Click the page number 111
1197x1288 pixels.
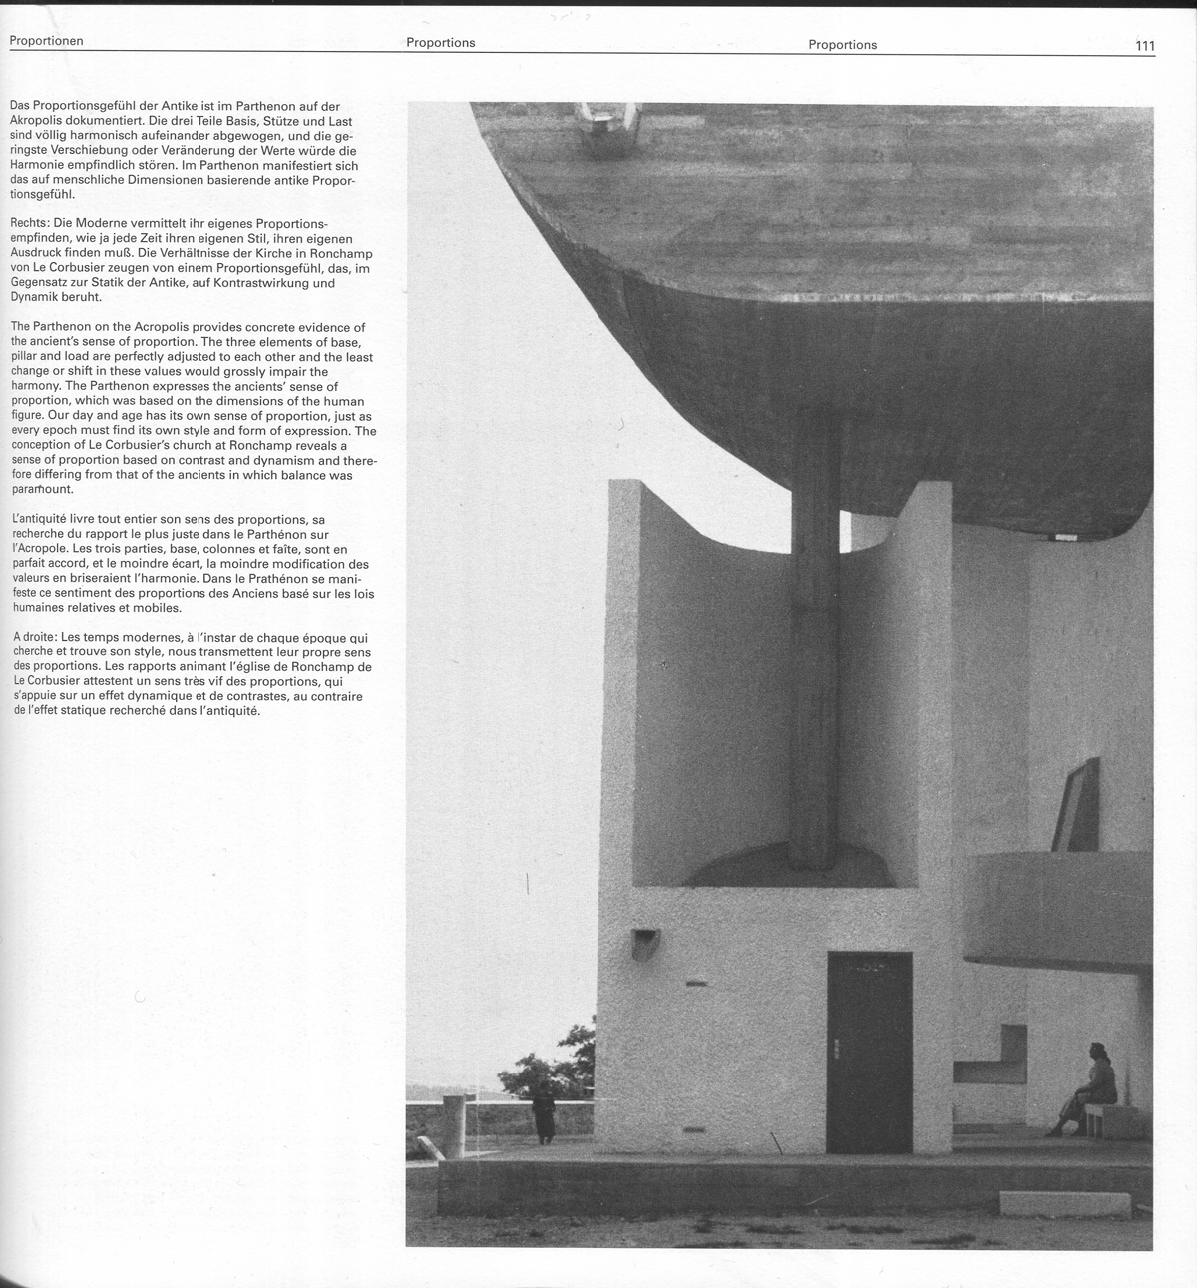pos(1144,45)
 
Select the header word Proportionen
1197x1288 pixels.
pos(46,41)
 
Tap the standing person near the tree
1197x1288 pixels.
pos(543,1112)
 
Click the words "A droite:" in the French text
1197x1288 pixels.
pos(35,637)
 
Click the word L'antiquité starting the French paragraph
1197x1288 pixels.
pos(42,520)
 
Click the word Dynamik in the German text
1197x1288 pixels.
pos(34,297)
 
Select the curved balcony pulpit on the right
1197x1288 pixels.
pos(1057,908)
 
